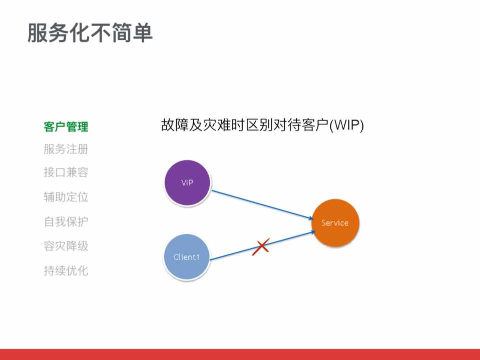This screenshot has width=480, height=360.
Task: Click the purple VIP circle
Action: (x=187, y=183)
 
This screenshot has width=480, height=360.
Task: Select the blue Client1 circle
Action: (x=187, y=257)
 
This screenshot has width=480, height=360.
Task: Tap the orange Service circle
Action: (x=335, y=223)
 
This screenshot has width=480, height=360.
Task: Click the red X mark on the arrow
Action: (x=261, y=246)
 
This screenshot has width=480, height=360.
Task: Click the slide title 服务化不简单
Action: (x=90, y=33)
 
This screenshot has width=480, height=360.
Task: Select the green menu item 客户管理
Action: (x=66, y=127)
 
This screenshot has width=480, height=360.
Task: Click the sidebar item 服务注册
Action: (x=66, y=149)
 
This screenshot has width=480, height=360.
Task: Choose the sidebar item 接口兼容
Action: (x=66, y=172)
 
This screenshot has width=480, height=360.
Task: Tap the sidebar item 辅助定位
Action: (x=66, y=197)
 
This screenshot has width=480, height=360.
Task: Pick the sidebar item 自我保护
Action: (x=66, y=221)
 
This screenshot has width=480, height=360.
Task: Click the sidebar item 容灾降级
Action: (x=66, y=246)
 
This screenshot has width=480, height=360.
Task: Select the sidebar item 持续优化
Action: (x=66, y=270)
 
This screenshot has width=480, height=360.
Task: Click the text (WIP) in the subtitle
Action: (x=346, y=125)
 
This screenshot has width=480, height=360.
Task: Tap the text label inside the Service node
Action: (x=335, y=223)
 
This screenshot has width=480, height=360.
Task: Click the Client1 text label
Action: (x=187, y=257)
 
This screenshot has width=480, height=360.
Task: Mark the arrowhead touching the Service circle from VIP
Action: (x=309, y=218)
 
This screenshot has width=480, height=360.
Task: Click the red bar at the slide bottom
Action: (x=240, y=354)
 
